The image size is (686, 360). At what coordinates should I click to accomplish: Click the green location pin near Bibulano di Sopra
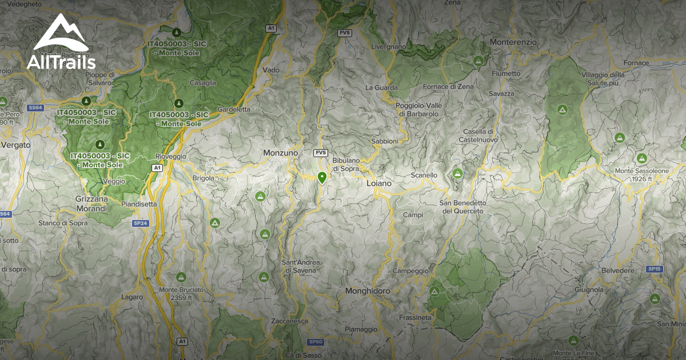tap(322, 177)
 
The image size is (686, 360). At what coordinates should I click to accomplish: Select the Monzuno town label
tap(280, 153)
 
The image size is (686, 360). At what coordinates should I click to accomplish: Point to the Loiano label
tap(379, 184)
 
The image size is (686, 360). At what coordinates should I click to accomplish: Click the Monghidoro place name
tap(368, 291)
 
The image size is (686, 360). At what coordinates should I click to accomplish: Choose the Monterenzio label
tap(513, 42)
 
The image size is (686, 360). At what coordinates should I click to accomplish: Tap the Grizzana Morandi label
tap(91, 204)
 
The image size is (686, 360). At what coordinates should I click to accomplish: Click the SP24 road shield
tap(141, 223)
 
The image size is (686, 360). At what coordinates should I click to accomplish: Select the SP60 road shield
tap(316, 342)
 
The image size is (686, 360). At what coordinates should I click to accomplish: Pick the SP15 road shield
tap(655, 269)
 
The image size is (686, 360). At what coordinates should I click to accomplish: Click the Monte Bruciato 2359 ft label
tap(181, 294)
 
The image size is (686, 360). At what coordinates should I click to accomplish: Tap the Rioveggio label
tap(171, 156)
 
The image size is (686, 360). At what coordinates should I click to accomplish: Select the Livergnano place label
tap(388, 46)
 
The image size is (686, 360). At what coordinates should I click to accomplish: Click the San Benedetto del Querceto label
tap(462, 207)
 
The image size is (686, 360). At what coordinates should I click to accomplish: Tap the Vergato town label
tap(16, 145)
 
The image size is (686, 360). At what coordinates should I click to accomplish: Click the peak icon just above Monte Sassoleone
tap(641, 158)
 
